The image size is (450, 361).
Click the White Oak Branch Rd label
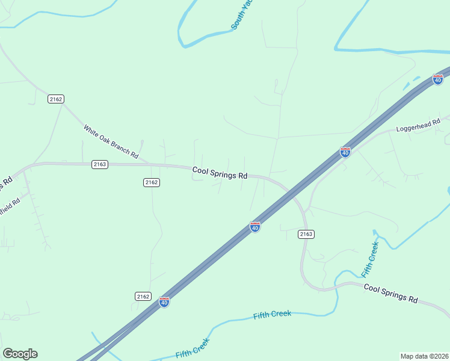coord(111,142)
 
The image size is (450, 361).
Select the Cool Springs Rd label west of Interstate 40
coord(220,173)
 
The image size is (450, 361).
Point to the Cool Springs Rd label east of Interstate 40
coord(390,294)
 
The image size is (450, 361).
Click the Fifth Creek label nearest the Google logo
coord(193,347)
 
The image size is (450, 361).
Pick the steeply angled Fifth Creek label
coord(370,259)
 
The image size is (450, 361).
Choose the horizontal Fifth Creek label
coord(272,314)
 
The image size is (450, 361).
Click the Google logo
coord(20,354)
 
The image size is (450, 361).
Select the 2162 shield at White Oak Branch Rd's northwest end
coord(56,99)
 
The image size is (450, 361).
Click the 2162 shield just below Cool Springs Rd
coord(152,182)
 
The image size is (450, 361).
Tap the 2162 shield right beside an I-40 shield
coord(143,296)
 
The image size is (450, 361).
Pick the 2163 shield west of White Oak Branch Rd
coord(100,164)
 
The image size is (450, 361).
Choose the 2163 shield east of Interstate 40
coord(306,233)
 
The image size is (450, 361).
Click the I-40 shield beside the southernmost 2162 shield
coord(164,302)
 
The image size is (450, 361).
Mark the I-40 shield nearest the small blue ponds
coord(438,79)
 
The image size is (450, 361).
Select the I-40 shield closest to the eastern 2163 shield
coord(255,227)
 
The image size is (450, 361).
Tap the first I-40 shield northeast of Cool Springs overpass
coord(345,152)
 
